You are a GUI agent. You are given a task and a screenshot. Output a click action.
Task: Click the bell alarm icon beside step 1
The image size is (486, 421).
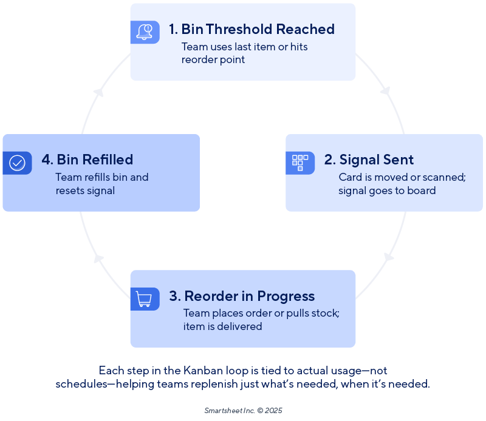pos(145,32)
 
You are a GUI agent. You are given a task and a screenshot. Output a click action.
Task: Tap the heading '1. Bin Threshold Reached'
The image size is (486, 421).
pos(252,29)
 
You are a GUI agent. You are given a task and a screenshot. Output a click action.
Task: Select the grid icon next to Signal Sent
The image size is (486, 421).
pos(300,163)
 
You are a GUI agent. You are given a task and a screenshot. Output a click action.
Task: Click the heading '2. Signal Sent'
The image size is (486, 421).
pos(369,160)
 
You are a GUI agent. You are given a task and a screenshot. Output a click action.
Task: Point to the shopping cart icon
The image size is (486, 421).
pos(144,298)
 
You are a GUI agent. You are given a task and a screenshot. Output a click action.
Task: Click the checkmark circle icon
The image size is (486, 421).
pos(17,163)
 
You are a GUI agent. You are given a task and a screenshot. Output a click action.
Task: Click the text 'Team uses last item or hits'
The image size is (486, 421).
pos(244,47)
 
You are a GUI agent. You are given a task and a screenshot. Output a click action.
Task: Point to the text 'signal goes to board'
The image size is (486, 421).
pos(387,190)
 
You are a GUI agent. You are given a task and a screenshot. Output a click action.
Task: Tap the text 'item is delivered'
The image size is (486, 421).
pos(222,326)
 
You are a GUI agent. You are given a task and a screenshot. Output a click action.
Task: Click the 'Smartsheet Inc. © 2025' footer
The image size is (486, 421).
pos(243,410)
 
